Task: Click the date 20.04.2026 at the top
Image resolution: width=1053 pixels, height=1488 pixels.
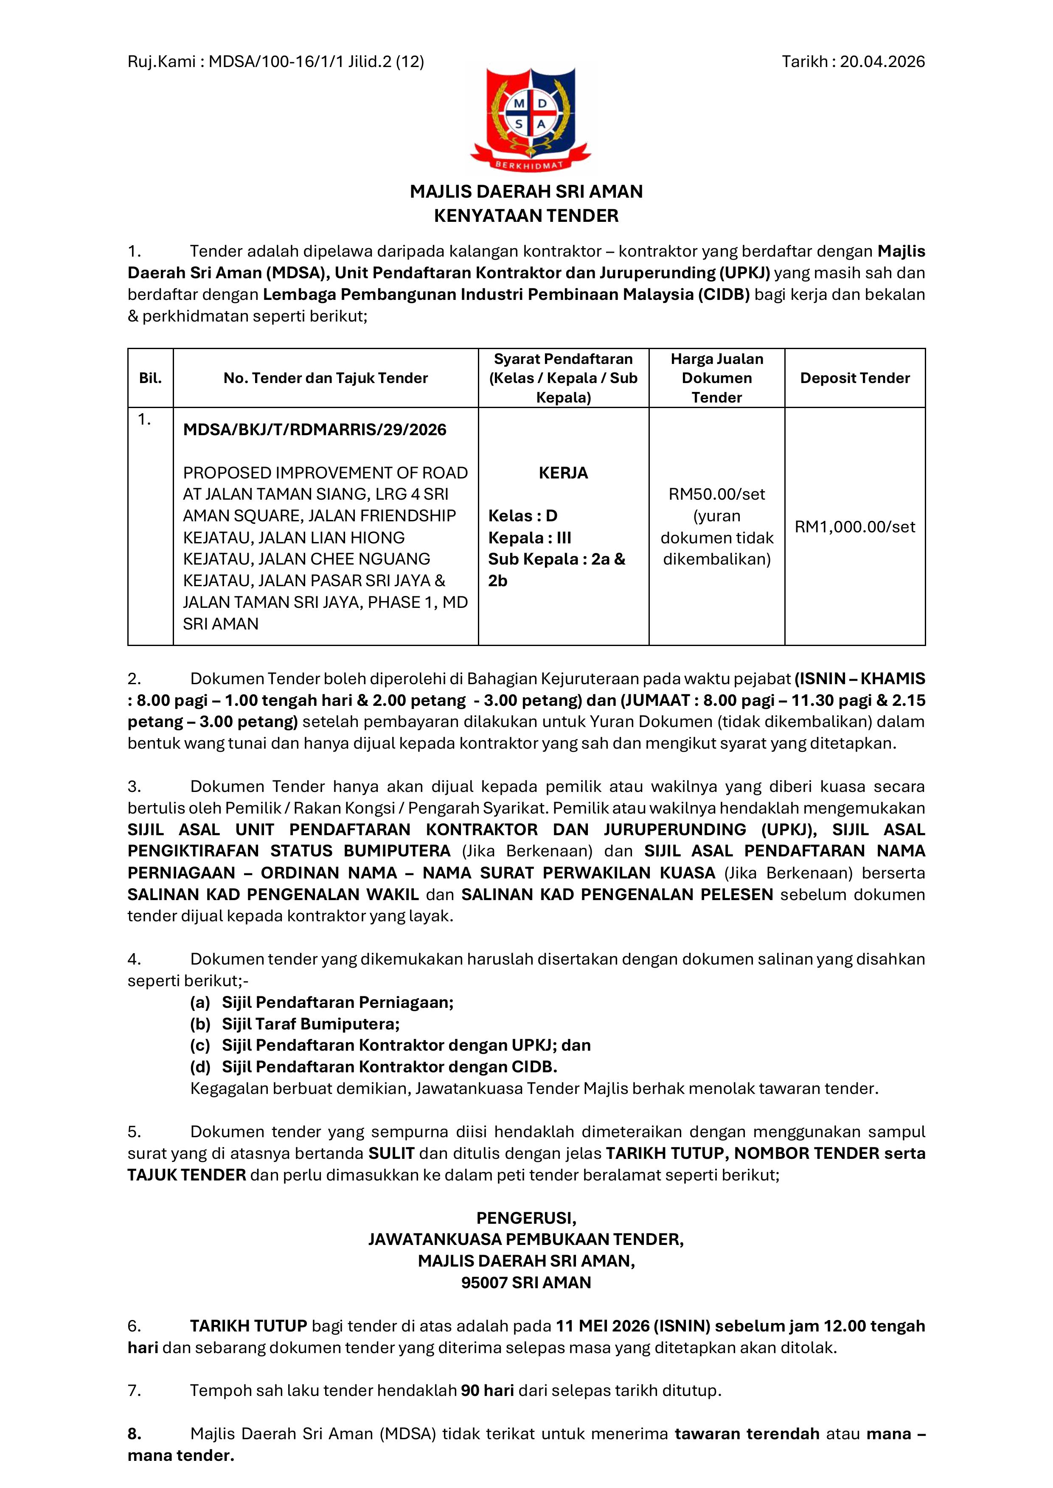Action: click(882, 62)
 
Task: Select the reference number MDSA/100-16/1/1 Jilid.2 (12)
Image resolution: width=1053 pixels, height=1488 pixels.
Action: click(317, 62)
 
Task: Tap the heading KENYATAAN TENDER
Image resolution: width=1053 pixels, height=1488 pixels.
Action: click(526, 216)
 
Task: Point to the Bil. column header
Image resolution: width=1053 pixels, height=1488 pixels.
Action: click(150, 378)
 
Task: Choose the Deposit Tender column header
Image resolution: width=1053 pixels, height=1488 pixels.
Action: click(855, 378)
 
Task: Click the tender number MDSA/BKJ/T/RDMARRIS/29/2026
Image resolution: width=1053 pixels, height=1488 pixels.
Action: click(314, 430)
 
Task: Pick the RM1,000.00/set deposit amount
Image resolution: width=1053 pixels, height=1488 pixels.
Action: click(855, 526)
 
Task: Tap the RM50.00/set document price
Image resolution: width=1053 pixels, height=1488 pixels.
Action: click(716, 495)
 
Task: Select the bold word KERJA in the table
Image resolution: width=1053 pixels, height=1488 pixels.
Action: click(563, 473)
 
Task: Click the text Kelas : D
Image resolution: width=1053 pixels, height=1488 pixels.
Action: click(522, 516)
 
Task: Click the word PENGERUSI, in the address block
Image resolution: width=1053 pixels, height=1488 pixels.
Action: click(526, 1218)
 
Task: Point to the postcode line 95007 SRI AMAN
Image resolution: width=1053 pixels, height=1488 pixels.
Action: click(526, 1283)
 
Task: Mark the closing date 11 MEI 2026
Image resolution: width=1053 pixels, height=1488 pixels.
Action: click(602, 1326)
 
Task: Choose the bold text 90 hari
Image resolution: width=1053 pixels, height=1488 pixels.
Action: click(487, 1390)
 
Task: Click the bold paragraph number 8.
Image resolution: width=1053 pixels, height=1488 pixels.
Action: click(134, 1434)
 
